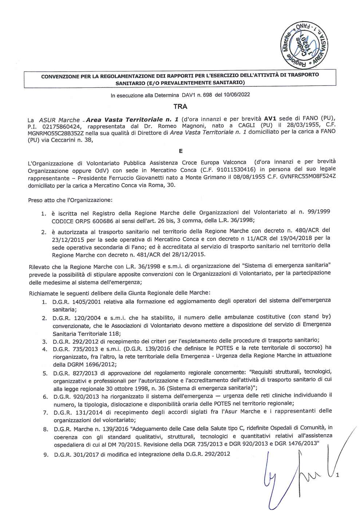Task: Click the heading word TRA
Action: pos(180,106)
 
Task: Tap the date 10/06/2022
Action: pos(237,95)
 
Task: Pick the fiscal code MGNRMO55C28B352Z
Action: pos(56,133)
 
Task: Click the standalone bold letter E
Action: pos(181,151)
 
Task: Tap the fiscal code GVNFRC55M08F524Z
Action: pos(308,177)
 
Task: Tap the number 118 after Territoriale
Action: pos(114,334)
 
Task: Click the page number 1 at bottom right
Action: pos(337,475)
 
